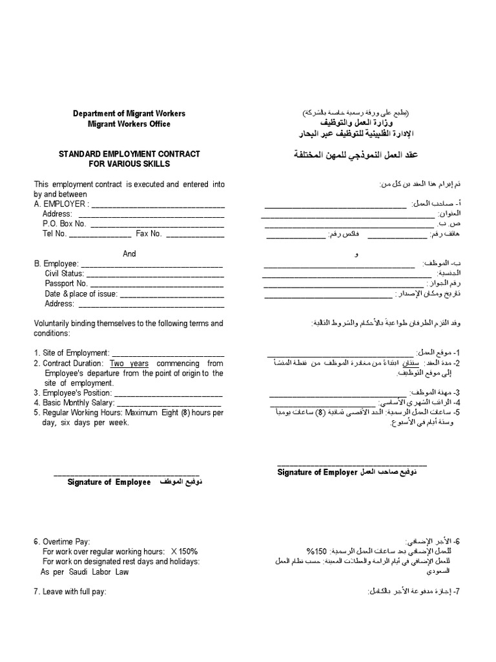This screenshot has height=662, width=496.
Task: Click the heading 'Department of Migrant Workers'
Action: [x=122, y=114]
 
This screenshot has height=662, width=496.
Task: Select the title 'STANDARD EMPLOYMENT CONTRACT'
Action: [x=129, y=154]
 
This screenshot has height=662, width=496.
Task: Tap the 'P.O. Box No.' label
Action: [x=65, y=224]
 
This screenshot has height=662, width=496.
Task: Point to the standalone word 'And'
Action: [x=129, y=253]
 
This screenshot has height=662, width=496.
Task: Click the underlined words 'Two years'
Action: [x=129, y=363]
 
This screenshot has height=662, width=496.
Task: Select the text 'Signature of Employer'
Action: [x=317, y=473]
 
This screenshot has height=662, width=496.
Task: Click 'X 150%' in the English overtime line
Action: [x=185, y=551]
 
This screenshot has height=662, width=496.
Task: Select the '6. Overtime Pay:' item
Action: [x=62, y=541]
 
